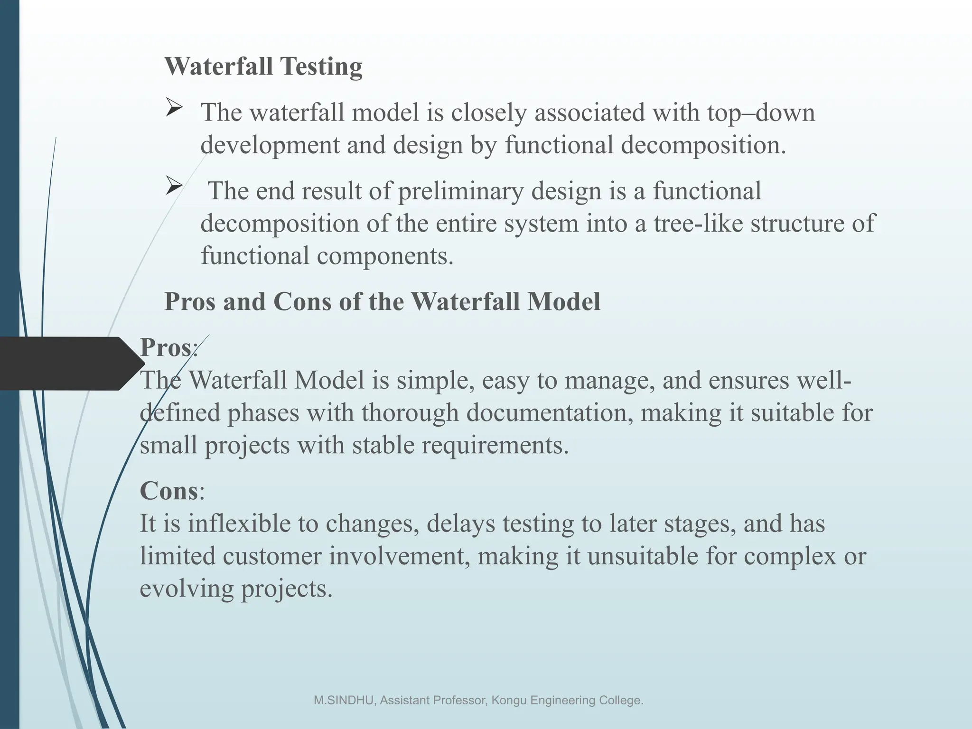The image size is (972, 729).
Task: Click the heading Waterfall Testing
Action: [x=263, y=66]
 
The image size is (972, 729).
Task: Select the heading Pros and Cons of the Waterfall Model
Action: [x=382, y=301]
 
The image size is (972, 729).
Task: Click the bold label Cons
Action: [x=168, y=490]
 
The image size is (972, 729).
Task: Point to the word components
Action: [x=385, y=256]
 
